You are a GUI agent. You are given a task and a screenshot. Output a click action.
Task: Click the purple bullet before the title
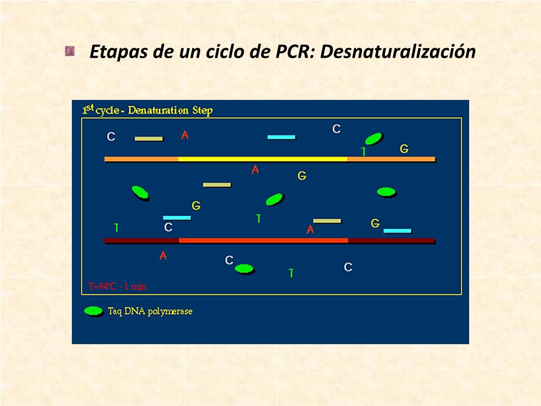(x=70, y=51)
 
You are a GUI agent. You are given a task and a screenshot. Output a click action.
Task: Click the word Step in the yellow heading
(x=202, y=111)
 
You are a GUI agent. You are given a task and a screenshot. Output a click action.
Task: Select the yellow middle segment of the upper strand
(x=263, y=159)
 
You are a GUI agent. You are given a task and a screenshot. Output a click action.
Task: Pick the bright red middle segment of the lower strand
(x=263, y=241)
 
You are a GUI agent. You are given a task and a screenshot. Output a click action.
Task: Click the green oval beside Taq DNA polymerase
(x=94, y=311)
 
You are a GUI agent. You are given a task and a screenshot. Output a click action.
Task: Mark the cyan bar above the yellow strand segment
(x=281, y=137)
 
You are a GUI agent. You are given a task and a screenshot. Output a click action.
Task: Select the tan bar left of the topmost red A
(x=148, y=139)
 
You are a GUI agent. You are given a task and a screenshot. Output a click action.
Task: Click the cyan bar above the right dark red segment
(x=397, y=231)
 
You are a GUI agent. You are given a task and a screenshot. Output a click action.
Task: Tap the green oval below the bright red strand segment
(x=244, y=269)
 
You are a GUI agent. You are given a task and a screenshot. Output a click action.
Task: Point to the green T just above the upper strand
(x=363, y=152)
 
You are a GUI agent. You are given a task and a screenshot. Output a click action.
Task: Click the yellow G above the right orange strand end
(x=404, y=149)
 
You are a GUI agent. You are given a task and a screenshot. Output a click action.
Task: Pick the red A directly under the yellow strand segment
(x=255, y=170)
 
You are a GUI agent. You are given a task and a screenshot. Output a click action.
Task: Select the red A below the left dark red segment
(x=163, y=256)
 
